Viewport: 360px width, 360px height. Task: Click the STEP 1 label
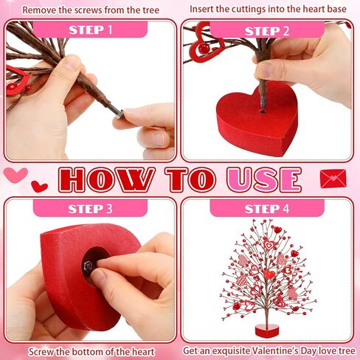coord(91,30)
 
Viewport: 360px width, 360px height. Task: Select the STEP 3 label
coord(91,209)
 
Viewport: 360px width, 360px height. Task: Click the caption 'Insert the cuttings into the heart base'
coord(270,10)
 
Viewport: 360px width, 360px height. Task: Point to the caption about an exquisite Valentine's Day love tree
coord(269,350)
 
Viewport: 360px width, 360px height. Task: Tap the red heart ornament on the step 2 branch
coord(202,48)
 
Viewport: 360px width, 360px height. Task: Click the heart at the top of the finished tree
coord(277,229)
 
